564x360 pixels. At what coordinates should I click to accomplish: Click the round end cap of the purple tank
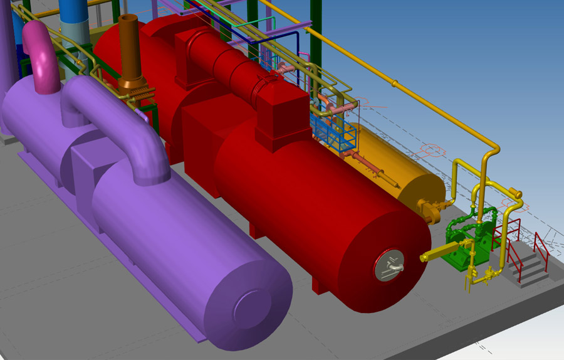point(254,308)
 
